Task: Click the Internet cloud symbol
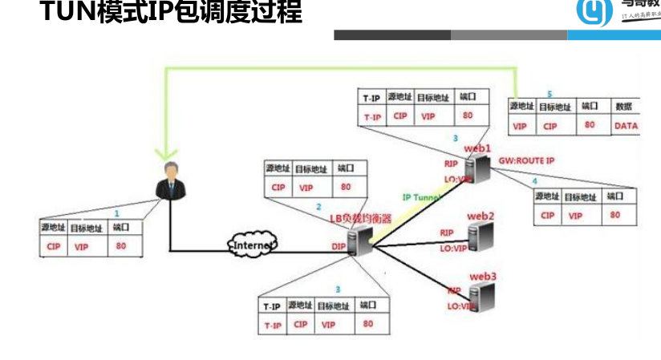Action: coord(253,243)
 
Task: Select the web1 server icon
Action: coord(481,168)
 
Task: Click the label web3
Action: coord(483,277)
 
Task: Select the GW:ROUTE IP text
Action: coord(527,160)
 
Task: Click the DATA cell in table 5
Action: coord(626,126)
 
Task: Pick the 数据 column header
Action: coord(623,107)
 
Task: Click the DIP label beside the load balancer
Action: coord(340,248)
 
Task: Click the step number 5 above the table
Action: coord(549,94)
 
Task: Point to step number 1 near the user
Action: coord(116,213)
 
